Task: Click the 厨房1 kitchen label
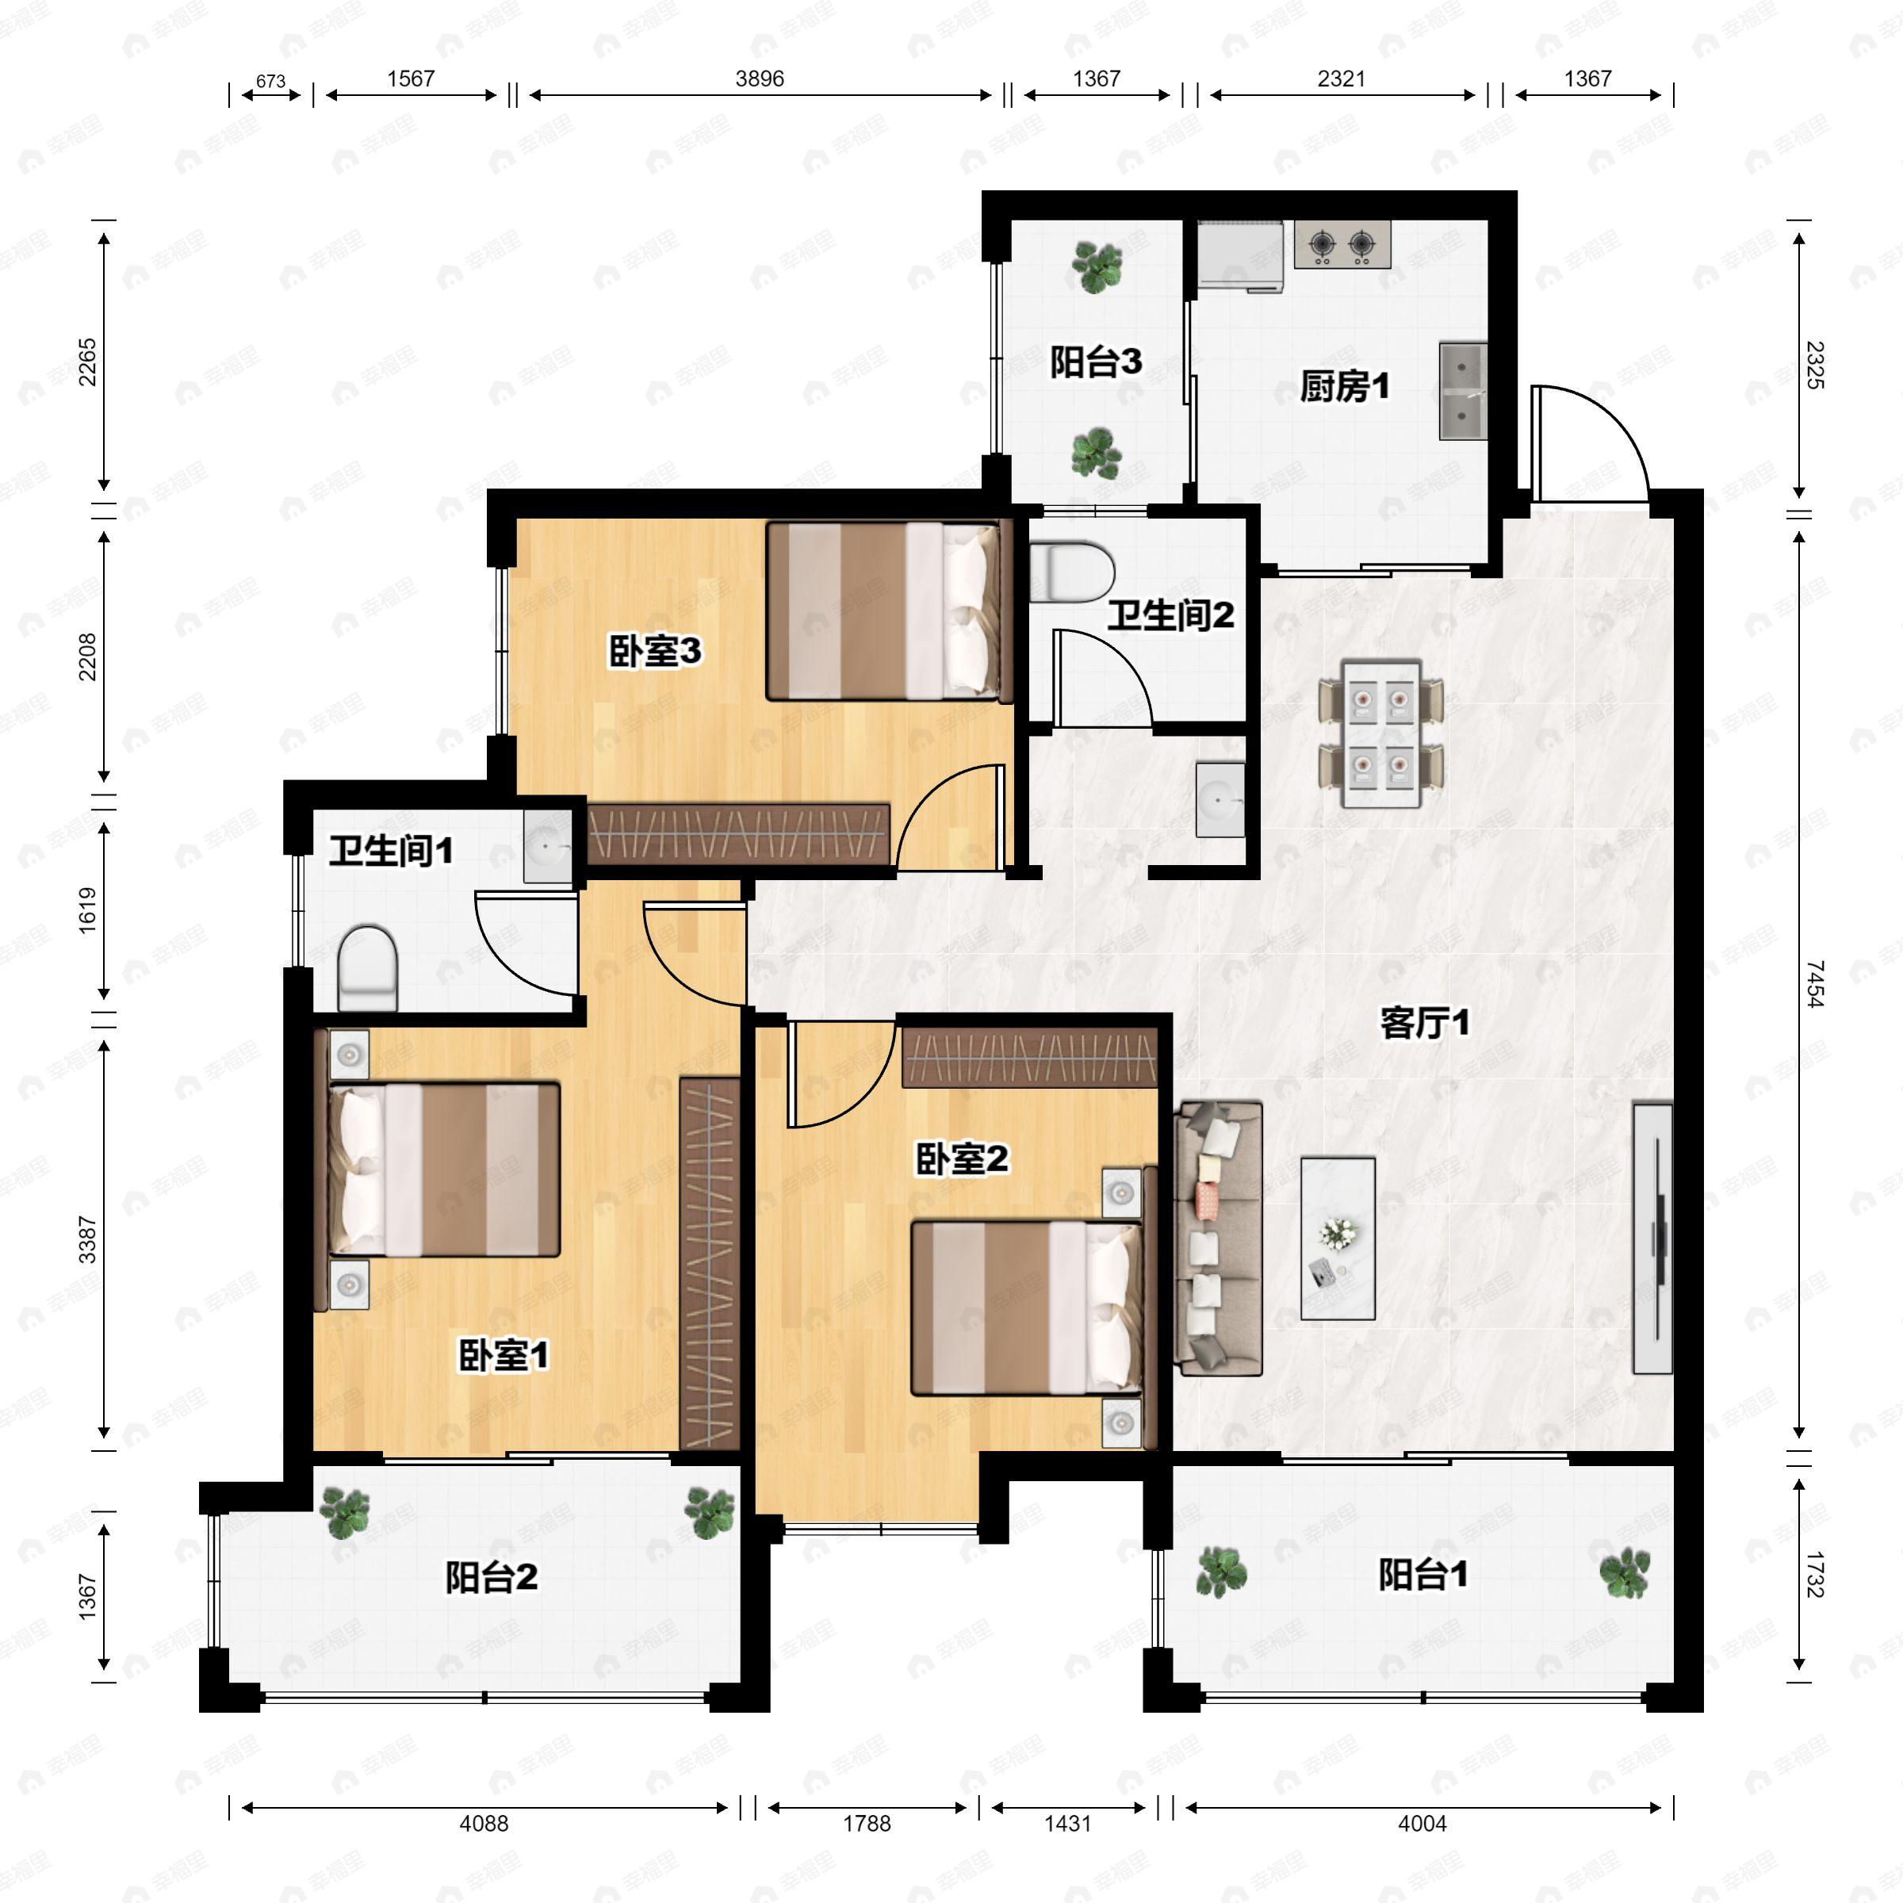pyautogui.click(x=1345, y=386)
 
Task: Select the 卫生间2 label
pyautogui.click(x=1170, y=615)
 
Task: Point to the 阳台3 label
pyautogui.click(x=1095, y=362)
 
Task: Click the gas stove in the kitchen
pyautogui.click(x=1342, y=244)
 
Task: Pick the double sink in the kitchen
pyautogui.click(x=1463, y=390)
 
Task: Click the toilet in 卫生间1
pyautogui.click(x=367, y=967)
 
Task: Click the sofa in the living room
pyautogui.click(x=1220, y=1238)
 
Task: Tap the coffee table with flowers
pyautogui.click(x=1338, y=1238)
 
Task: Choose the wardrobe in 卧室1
pyautogui.click(x=709, y=1263)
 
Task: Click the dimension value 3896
pyautogui.click(x=760, y=78)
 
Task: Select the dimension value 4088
pyautogui.click(x=484, y=1823)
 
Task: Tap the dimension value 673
pyautogui.click(x=271, y=81)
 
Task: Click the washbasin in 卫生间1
pyautogui.click(x=548, y=846)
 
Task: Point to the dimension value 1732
pyautogui.click(x=1815, y=1574)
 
